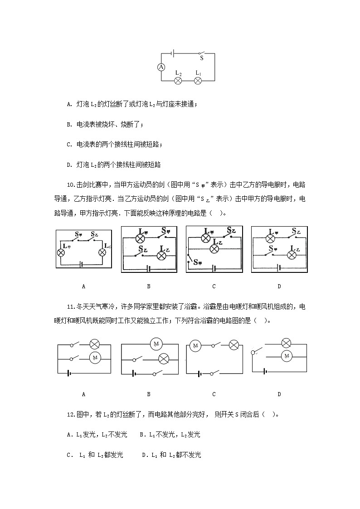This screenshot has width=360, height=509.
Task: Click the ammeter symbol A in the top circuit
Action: coord(161,67)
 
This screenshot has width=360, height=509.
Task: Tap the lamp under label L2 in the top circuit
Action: coord(178,81)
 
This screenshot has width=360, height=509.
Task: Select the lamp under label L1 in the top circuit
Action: coord(198,81)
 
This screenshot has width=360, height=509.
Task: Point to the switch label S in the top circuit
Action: coord(202,58)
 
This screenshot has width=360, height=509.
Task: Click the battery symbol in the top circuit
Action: coord(173,53)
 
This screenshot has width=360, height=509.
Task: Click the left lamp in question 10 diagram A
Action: coord(60,252)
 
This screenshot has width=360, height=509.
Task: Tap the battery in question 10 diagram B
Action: coord(149,267)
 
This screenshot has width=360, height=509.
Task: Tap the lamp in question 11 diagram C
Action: coord(234,345)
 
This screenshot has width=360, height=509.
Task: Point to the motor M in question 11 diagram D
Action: coord(286,356)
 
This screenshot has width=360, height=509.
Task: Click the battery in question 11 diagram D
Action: coord(264,371)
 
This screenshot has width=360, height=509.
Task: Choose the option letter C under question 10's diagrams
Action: coord(214,286)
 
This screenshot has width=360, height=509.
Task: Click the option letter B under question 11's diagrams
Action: coord(149,394)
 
